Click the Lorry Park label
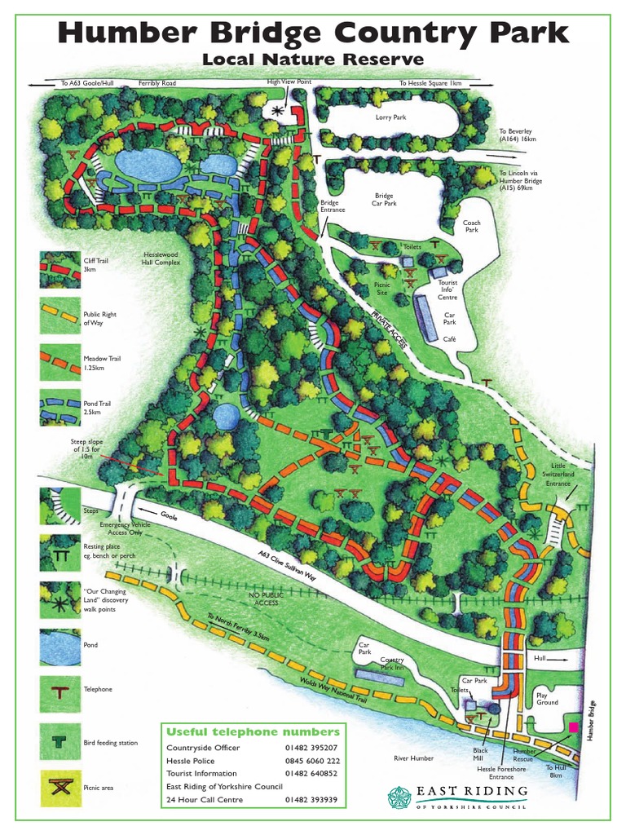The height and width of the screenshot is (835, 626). point(390,117)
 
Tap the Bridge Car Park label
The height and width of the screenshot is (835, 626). point(383,201)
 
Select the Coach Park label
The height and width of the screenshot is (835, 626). point(472,226)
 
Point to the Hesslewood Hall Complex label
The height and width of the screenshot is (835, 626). point(161,258)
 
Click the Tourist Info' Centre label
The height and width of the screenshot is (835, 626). point(447,289)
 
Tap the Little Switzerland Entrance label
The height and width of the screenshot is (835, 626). point(558,475)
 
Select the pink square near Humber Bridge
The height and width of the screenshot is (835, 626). point(574,726)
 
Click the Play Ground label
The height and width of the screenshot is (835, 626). point(546,699)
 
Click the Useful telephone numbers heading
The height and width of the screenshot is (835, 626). point(253,731)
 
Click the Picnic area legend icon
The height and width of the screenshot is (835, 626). point(60,789)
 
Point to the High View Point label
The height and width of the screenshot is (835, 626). point(289,82)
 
